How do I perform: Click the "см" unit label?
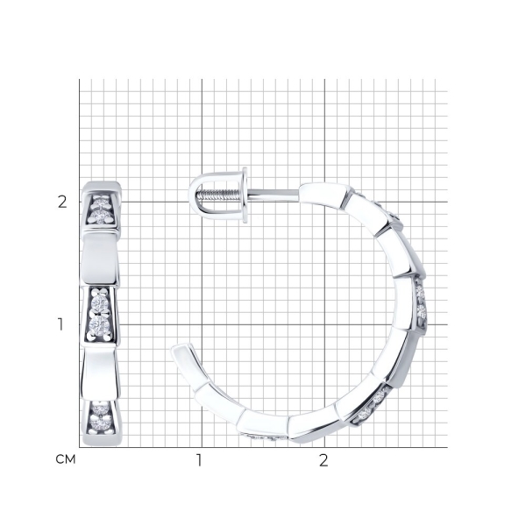[66, 459]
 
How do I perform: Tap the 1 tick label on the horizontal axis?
[199, 460]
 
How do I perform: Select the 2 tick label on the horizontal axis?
[323, 460]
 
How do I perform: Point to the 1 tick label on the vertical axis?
[60, 324]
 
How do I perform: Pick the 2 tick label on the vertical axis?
[62, 202]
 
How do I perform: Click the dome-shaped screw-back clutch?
[218, 195]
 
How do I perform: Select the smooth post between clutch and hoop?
[273, 193]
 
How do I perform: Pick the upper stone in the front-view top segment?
[101, 203]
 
